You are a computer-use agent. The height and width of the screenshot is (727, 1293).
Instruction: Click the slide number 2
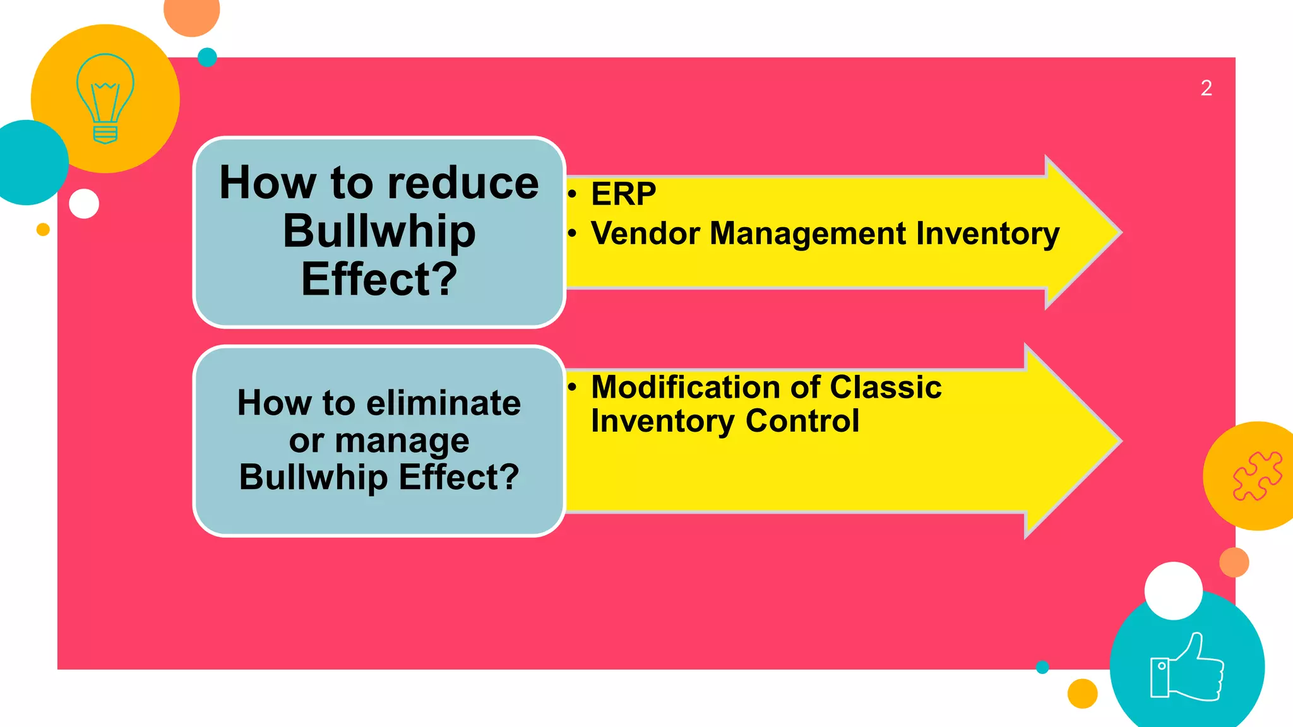tap(1206, 88)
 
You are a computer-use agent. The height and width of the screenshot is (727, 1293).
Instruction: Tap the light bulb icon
tap(105, 98)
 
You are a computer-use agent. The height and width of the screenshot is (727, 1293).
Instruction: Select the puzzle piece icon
tap(1257, 476)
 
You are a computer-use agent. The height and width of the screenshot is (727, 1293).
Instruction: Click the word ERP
tap(623, 194)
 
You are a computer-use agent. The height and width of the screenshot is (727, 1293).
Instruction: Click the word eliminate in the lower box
tap(444, 403)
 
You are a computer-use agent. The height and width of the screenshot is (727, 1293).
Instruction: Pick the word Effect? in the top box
tap(379, 280)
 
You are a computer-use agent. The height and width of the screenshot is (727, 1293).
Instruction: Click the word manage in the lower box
tap(402, 440)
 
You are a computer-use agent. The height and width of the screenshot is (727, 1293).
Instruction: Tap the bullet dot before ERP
tap(572, 194)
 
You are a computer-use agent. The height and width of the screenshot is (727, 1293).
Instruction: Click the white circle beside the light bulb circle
tap(84, 204)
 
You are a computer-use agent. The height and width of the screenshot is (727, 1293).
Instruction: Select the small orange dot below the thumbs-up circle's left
tap(1082, 694)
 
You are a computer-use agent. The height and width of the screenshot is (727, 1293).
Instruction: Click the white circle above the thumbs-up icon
tap(1173, 591)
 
